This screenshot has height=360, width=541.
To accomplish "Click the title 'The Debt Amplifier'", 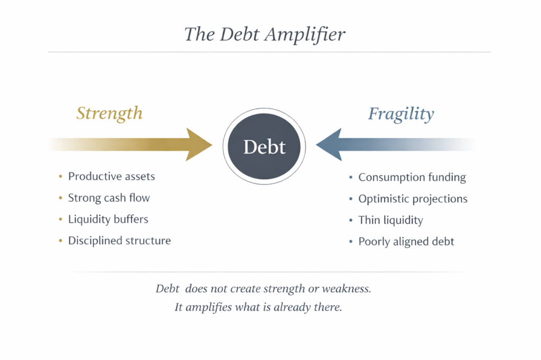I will pos(264,34).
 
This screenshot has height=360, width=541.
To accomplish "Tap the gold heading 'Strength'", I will pos(109,113).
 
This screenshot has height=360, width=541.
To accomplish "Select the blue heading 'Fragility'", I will pos(401,113).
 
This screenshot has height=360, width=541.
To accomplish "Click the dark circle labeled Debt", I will pos(264,146).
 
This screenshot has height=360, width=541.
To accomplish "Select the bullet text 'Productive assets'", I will pos(111,176).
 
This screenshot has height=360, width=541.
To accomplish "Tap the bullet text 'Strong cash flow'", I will pos(109,198).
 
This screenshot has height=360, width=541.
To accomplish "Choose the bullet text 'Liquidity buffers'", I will pos(108,219).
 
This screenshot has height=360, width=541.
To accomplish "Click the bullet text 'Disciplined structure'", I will pos(119,241).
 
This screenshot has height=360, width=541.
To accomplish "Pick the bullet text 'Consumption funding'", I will pos(412,177).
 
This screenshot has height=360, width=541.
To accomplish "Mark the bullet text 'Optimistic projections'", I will pos(413,199).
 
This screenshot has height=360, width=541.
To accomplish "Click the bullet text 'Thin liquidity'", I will pos(390,220).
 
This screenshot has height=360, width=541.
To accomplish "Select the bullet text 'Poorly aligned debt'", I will pos(406,242).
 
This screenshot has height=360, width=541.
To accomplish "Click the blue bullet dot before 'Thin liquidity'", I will pos(351,221).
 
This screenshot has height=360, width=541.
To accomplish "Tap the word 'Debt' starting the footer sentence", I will pos(167,289).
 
